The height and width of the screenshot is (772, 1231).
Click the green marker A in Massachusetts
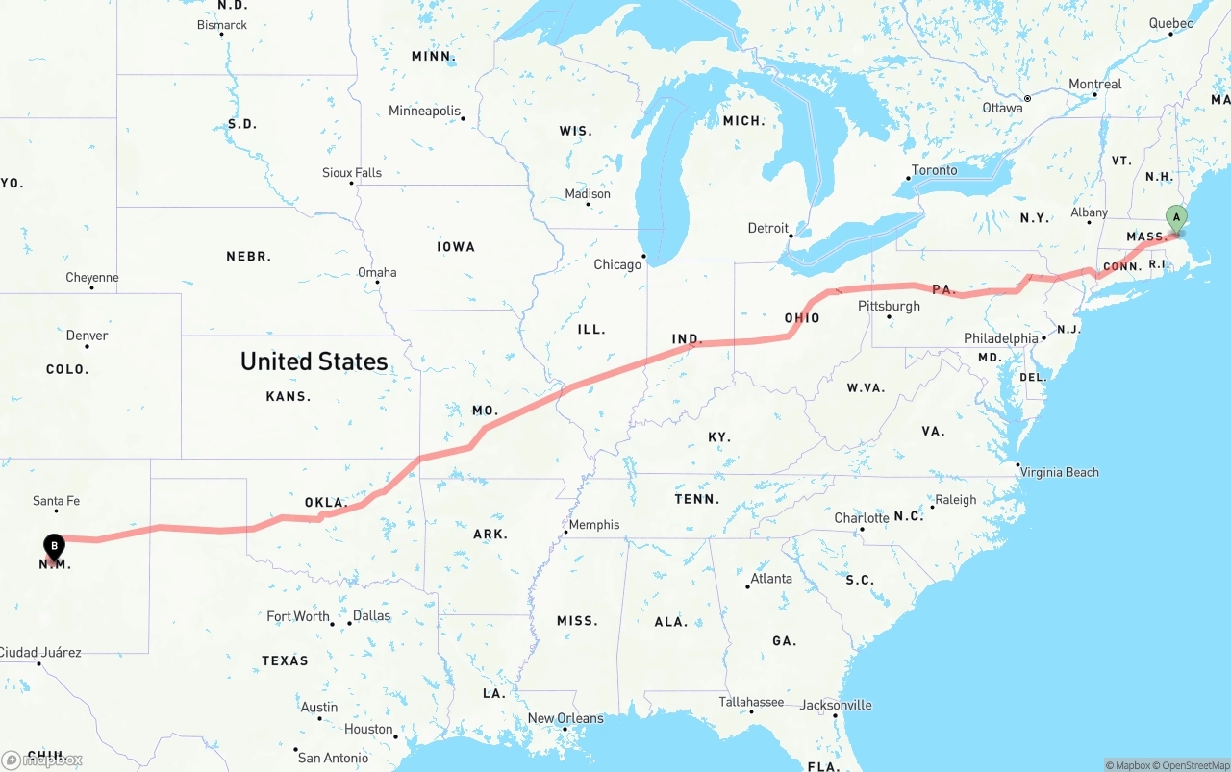(x=1175, y=218)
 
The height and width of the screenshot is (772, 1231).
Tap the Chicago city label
(x=616, y=264)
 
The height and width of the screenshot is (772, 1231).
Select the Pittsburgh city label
(x=889, y=306)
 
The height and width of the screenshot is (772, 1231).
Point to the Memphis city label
(x=594, y=525)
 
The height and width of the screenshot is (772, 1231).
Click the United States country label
(x=314, y=361)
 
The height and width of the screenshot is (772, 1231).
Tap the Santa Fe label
(x=56, y=501)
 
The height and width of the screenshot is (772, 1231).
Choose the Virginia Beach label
(x=1059, y=472)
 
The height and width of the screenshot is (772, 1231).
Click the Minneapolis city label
(x=424, y=111)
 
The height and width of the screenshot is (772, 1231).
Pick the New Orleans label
(x=565, y=718)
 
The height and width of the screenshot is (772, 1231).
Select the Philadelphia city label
(x=1001, y=338)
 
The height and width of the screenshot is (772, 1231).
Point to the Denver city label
(x=87, y=336)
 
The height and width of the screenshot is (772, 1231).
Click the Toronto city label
(x=934, y=170)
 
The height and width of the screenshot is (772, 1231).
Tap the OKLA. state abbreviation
(x=326, y=503)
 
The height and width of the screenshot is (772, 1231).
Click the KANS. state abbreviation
(x=288, y=396)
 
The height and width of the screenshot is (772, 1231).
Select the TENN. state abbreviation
(x=697, y=499)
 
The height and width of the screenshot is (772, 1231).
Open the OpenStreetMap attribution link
(x=1194, y=765)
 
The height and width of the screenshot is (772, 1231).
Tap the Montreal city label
(x=1094, y=85)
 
